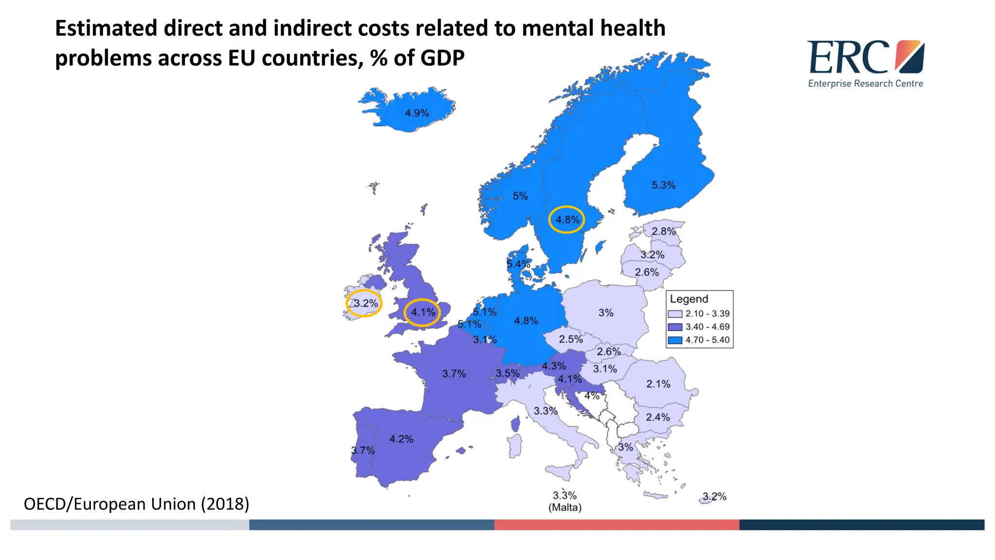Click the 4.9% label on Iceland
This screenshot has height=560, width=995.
click(x=417, y=113)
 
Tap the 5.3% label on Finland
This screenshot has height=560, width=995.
click(x=663, y=185)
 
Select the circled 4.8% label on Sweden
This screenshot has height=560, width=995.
click(x=567, y=220)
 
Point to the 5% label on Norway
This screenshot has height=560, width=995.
click(x=520, y=196)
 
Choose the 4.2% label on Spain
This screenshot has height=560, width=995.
click(x=401, y=439)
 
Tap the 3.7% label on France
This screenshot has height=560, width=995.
click(x=454, y=373)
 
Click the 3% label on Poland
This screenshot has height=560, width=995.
click(x=605, y=313)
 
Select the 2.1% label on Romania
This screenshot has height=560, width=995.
click(x=658, y=384)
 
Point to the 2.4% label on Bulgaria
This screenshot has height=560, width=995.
click(x=657, y=417)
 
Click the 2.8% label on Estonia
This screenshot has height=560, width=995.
click(x=663, y=231)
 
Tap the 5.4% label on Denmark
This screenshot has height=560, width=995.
click(x=518, y=264)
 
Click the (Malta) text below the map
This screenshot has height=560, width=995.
click(x=565, y=507)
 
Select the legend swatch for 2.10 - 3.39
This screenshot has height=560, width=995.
click(x=675, y=314)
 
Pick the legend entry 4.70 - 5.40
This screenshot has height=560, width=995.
click(x=707, y=340)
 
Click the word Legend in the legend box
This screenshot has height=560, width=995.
click(x=688, y=299)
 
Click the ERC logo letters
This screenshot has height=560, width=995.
click(x=848, y=57)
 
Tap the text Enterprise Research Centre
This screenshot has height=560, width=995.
click(x=865, y=84)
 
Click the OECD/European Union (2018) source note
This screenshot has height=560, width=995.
click(x=136, y=504)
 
